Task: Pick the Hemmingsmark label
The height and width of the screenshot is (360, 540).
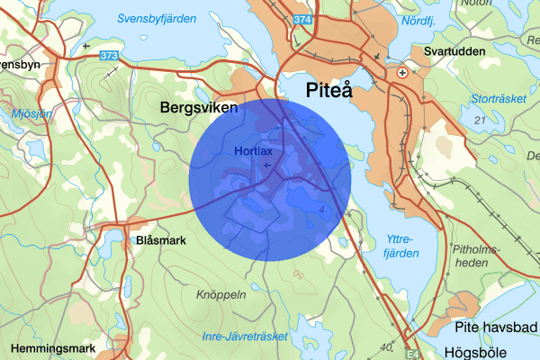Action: point(52,347)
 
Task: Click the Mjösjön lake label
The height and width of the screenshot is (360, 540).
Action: point(20,114)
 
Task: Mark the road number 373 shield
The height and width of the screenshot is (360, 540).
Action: point(110,56)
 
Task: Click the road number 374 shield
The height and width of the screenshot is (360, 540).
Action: point(304,19)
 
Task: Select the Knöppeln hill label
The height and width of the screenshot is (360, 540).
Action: point(220,294)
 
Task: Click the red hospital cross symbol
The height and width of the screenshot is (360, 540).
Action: point(401,72)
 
